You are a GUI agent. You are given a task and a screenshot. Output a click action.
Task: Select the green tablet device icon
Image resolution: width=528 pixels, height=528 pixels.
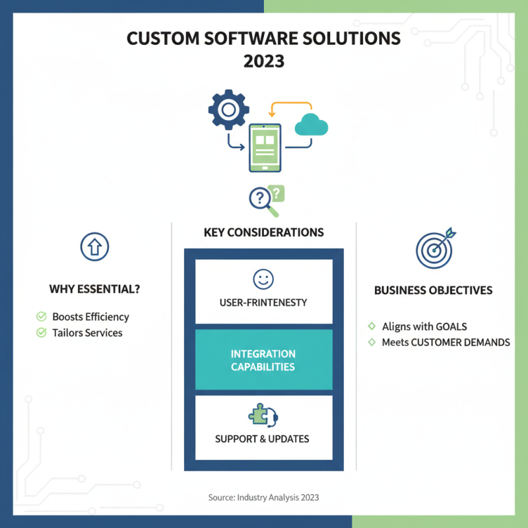pyautogui.click(x=264, y=147)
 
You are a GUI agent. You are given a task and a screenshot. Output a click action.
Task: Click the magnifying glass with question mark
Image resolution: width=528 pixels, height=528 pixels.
pyautogui.click(x=263, y=199)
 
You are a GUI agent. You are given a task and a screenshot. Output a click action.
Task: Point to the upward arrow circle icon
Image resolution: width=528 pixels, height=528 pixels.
pyautogui.click(x=94, y=247)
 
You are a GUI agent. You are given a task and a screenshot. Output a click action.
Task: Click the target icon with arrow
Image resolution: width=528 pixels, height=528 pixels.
pyautogui.click(x=434, y=247)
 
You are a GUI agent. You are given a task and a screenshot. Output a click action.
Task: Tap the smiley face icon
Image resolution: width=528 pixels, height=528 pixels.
pyautogui.click(x=263, y=279)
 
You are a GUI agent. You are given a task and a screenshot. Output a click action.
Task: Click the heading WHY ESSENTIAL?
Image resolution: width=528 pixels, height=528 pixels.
pyautogui.click(x=94, y=289)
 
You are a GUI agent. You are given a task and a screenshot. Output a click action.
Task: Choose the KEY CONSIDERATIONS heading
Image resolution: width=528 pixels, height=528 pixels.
pyautogui.click(x=264, y=232)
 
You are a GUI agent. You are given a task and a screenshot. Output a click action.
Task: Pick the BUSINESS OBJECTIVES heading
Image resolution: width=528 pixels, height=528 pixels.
pyautogui.click(x=433, y=290)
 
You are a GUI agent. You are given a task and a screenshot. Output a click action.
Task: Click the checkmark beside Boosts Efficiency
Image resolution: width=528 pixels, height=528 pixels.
pyautogui.click(x=41, y=317)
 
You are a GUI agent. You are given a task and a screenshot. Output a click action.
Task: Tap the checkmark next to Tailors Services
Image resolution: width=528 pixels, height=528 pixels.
pyautogui.click(x=41, y=333)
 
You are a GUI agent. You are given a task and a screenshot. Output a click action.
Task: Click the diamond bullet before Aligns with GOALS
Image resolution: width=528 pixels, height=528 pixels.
pyautogui.click(x=371, y=326)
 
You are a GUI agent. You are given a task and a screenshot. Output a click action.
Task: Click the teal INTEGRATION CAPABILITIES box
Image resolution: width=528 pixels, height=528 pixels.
pyautogui.click(x=264, y=360)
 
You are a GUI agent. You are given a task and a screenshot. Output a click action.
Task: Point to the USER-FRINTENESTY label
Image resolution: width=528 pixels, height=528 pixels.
pyautogui.click(x=263, y=302)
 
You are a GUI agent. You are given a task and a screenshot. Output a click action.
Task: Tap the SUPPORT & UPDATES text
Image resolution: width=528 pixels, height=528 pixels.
pyautogui.click(x=262, y=438)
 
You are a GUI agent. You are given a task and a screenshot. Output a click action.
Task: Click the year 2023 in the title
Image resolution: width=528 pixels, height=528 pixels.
pyautogui.click(x=264, y=61)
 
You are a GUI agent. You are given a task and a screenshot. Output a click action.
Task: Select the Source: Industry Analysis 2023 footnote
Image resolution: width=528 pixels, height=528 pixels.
pyautogui.click(x=264, y=497)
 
